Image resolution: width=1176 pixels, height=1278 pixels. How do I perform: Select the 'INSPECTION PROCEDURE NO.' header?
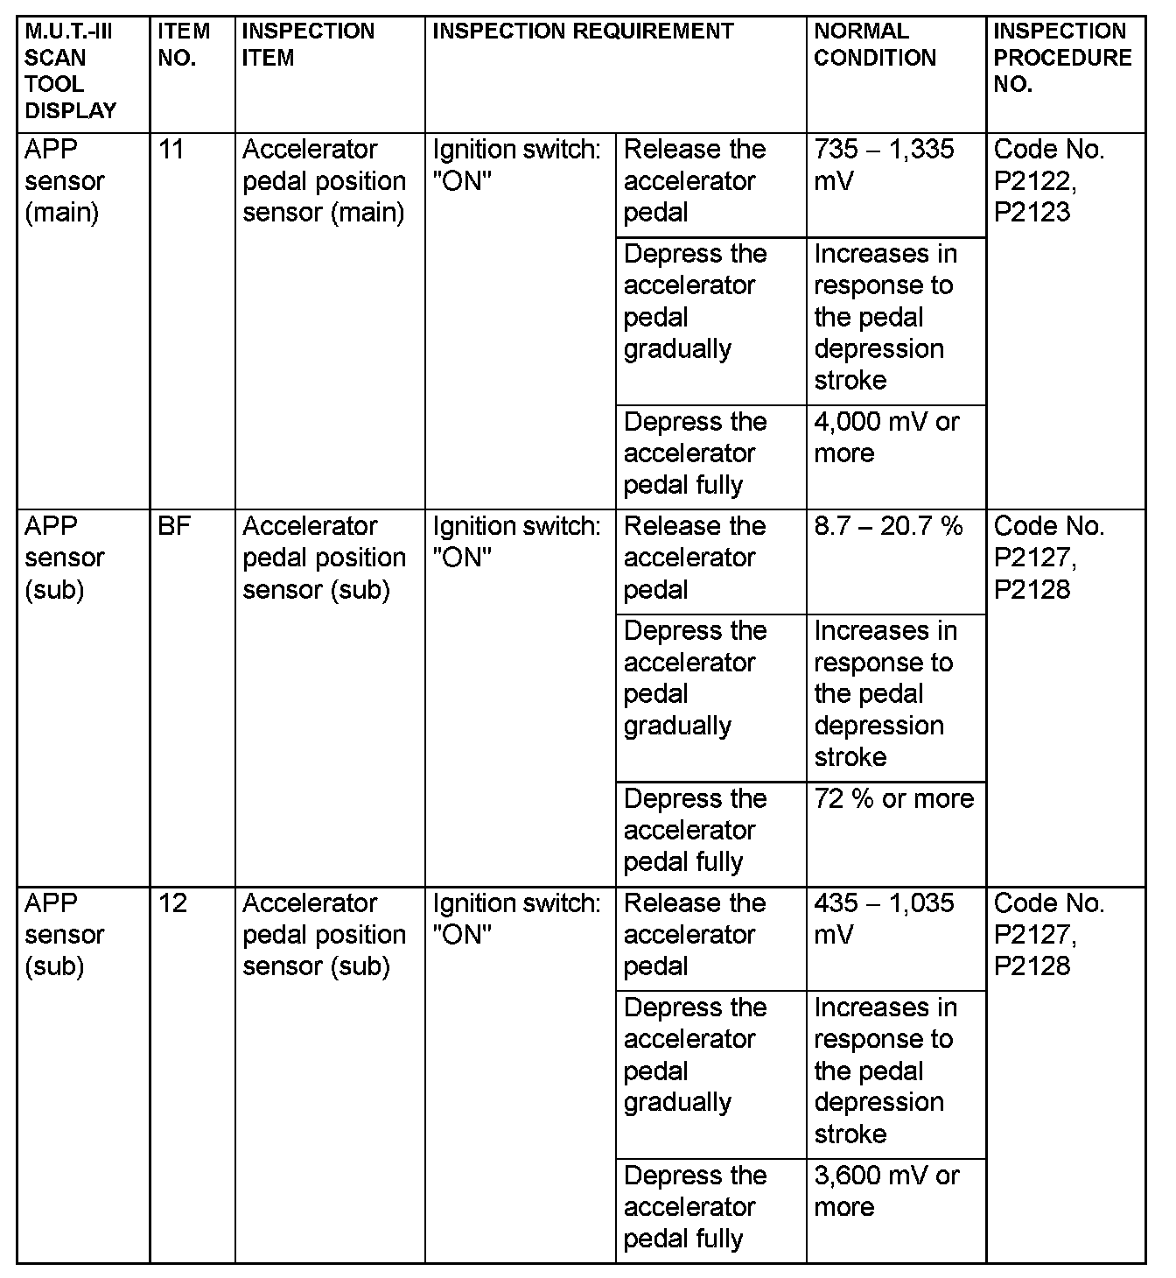tap(1062, 58)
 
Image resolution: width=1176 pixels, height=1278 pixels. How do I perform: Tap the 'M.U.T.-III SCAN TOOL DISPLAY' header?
tap(70, 71)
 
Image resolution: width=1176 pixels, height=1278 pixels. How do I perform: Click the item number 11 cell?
tap(171, 150)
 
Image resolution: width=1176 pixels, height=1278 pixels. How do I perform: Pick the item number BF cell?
tap(175, 526)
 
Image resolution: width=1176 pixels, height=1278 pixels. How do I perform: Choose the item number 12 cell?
tap(173, 902)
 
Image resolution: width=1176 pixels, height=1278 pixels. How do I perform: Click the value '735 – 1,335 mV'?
tap(884, 165)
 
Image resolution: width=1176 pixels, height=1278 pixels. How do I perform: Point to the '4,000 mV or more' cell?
tap(886, 437)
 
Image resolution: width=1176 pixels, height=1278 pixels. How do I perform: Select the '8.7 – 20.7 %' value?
tap(888, 526)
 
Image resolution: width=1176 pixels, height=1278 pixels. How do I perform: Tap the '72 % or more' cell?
tap(893, 798)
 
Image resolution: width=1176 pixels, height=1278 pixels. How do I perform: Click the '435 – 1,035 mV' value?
tap(884, 918)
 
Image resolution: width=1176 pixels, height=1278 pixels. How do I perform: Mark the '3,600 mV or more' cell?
tap(886, 1190)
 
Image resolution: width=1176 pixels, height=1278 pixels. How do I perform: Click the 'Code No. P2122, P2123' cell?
tap(1049, 180)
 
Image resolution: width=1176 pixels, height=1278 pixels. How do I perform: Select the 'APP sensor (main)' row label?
tap(65, 180)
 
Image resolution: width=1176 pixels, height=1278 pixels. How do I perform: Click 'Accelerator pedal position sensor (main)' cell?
tap(324, 180)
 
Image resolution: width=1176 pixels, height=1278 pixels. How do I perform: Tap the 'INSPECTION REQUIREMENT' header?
tap(584, 32)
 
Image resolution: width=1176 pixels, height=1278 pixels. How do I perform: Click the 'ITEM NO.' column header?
tap(184, 45)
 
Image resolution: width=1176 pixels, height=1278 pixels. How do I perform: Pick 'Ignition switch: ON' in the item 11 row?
tap(516, 165)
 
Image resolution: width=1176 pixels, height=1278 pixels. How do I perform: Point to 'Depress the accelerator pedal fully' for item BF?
tap(695, 830)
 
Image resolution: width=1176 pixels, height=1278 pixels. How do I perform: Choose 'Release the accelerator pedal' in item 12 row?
tap(695, 934)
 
